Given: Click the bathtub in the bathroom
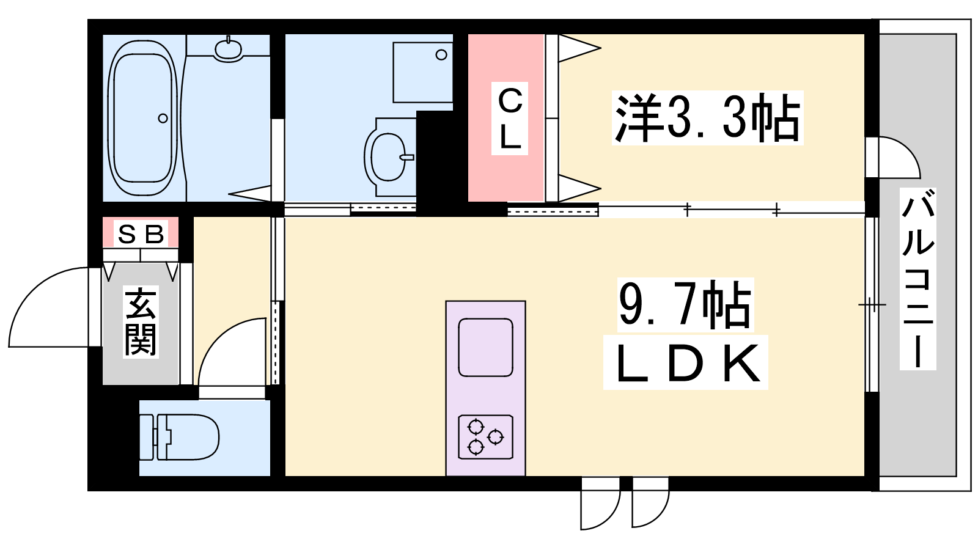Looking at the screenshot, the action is click(142, 118).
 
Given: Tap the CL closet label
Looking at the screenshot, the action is click(510, 119).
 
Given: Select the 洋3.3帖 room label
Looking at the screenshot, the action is click(707, 118).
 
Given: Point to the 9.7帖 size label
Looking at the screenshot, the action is click(685, 305).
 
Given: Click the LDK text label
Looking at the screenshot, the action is click(685, 363).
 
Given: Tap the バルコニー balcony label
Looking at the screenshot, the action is click(917, 279).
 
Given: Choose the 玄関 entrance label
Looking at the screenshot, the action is click(141, 321).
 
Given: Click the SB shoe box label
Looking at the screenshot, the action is click(141, 234).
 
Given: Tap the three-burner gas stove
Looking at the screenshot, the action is click(485, 437).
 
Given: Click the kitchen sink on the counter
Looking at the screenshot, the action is click(485, 348).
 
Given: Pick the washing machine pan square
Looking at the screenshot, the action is click(422, 73).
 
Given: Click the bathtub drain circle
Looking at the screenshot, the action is click(163, 119).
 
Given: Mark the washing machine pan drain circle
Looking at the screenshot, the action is click(441, 55).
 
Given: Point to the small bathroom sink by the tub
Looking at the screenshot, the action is click(228, 48).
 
